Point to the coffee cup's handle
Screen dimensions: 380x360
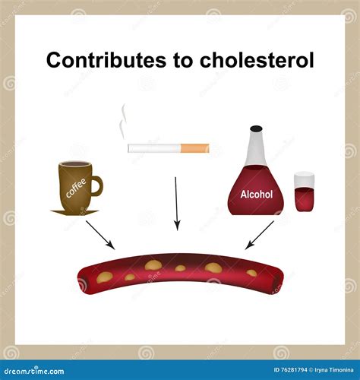coord(96,185)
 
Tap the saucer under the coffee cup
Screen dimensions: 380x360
coord(74,211)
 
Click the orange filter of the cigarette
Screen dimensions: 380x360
coord(197,147)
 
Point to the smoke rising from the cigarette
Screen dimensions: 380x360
coord(122,122)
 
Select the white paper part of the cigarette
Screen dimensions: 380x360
coord(156,147)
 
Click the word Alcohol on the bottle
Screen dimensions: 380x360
coord(256,194)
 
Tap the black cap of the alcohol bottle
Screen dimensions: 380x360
coord(256,130)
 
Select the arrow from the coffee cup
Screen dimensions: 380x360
coord(100,235)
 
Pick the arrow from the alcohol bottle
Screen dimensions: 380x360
coord(259,235)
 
